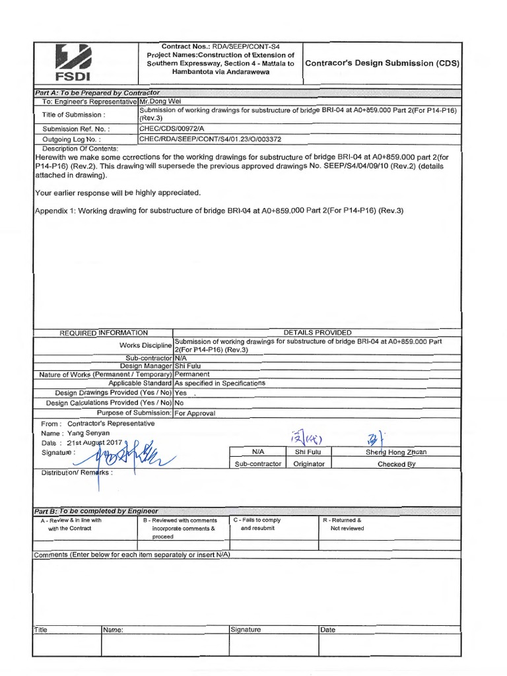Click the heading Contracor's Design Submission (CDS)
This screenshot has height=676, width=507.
[x=382, y=63]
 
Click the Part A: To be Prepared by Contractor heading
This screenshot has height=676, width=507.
[x=97, y=92]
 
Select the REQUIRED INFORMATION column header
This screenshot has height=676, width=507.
[x=104, y=333]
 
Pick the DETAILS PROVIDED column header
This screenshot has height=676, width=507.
[x=318, y=333]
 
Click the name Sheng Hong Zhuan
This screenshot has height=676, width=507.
[x=396, y=452]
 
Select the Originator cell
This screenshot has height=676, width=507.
[x=309, y=464]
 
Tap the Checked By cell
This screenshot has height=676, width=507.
[x=396, y=464]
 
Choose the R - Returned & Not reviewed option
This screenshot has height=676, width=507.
[x=342, y=524]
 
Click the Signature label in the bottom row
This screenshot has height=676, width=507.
[x=246, y=630]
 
